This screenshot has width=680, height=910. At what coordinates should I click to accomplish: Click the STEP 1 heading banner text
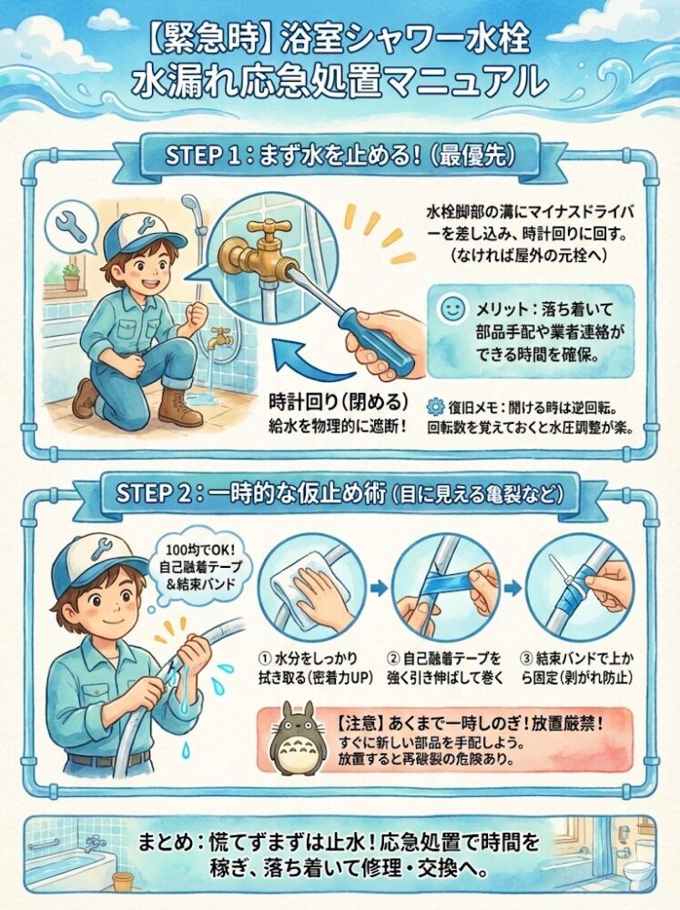tap(340, 154)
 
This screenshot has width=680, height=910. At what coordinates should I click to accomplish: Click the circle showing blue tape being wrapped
tap(446, 587)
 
